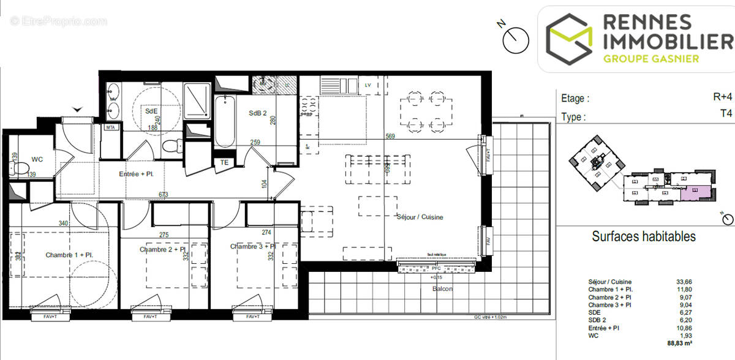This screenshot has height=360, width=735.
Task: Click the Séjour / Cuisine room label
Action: click(x=420, y=217)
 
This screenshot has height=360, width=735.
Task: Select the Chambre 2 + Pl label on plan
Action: click(x=164, y=249)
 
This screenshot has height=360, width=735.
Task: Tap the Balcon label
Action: click(x=442, y=288)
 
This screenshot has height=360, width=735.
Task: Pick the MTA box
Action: click(x=111, y=127)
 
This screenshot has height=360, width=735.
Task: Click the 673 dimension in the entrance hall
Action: click(x=164, y=195)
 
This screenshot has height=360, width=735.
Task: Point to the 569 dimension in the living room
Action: click(x=391, y=136)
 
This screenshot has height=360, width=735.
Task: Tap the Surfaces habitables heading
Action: click(x=643, y=236)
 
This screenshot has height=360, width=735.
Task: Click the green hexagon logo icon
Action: click(x=568, y=40)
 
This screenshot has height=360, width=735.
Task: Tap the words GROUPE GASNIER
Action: click(x=650, y=59)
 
